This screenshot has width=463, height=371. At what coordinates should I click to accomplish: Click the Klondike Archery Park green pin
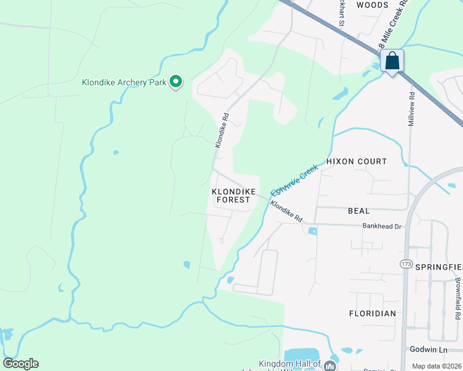pos(176,82)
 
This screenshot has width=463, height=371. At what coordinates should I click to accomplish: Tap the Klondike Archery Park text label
pos(124,82)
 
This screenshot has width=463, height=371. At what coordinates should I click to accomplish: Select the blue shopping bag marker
pos(392,61)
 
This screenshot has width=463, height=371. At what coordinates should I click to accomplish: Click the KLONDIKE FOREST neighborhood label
pos(232,196)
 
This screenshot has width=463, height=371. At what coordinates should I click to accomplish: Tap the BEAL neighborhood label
pos(358,211)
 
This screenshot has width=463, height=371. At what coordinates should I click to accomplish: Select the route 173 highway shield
pos(406,264)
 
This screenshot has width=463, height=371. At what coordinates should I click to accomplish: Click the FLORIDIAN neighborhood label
pos(371,313)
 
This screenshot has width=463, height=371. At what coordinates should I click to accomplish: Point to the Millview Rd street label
pos(410,110)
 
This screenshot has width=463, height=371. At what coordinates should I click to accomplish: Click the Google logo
pos(20,364)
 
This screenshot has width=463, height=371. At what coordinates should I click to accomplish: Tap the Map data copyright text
pos(437,366)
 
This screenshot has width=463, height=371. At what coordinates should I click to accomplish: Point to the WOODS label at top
pos(373,5)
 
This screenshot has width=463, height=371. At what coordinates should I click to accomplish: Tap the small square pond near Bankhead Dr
pos(312,231)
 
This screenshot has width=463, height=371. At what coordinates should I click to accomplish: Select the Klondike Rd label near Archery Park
pos(222,129)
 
